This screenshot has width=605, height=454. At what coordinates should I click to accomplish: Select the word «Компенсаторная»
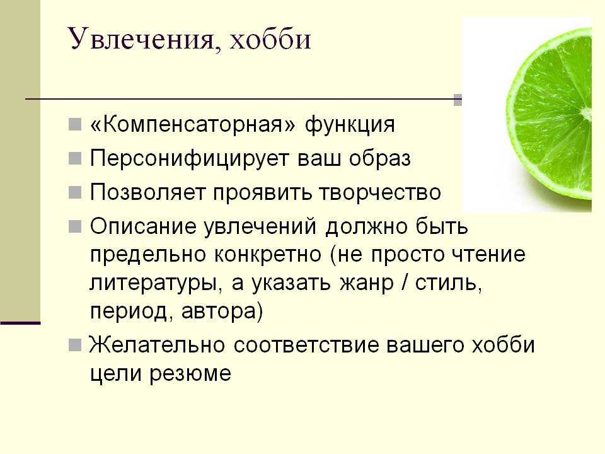coord(193,124)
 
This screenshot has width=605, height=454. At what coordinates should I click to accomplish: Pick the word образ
coord(379,159)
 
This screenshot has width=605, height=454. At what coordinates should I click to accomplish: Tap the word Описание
coord(143,226)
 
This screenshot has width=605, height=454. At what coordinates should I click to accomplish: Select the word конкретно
coord(267,255)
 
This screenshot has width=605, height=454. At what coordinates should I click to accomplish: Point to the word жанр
coord(367,283)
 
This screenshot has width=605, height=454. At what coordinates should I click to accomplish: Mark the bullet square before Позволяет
coord(75,192)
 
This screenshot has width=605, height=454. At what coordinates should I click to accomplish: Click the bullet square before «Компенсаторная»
coord(75,124)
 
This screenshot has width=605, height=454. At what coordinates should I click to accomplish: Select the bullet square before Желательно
coord(75,345)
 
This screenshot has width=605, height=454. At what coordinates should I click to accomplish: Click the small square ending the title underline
coord(458,100)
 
